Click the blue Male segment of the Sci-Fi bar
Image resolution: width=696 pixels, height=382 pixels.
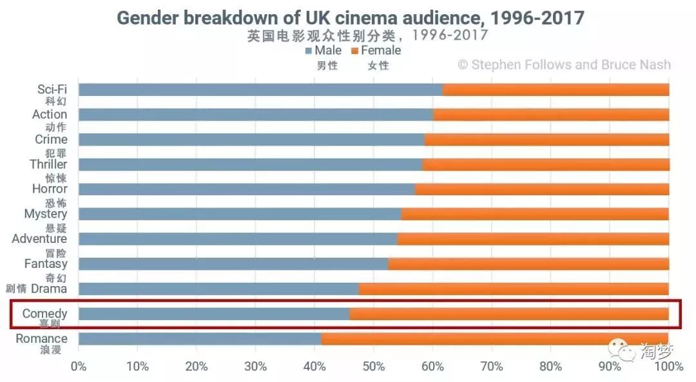coord(260,90)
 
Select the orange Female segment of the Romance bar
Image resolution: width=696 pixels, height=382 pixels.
coord(495,338)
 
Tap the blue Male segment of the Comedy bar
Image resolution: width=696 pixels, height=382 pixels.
coord(214,314)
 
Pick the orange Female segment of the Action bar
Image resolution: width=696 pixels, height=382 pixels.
coord(551,115)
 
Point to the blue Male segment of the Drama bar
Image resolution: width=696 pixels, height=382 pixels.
coord(218,289)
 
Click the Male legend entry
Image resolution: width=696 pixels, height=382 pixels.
coord(324,50)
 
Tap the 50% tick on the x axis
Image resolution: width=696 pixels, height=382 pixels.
coord(374,367)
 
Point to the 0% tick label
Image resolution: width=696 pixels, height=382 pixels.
coord(79,367)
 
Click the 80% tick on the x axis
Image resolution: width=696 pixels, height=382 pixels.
coord(551,367)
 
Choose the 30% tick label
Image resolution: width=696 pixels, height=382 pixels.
coord(255,367)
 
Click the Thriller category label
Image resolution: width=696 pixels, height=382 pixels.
coord(49,164)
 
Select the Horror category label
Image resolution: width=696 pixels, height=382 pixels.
coord(50,189)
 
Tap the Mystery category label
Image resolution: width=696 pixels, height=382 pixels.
coord(45,214)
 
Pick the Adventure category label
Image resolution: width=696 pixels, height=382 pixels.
coord(39,239)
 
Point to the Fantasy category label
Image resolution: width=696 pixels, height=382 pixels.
coord(45,263)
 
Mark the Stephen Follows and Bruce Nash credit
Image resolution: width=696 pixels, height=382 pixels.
coord(564,64)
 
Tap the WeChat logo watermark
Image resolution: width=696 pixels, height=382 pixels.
coord(618,350)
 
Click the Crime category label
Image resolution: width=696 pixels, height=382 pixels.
coord(51,139)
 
